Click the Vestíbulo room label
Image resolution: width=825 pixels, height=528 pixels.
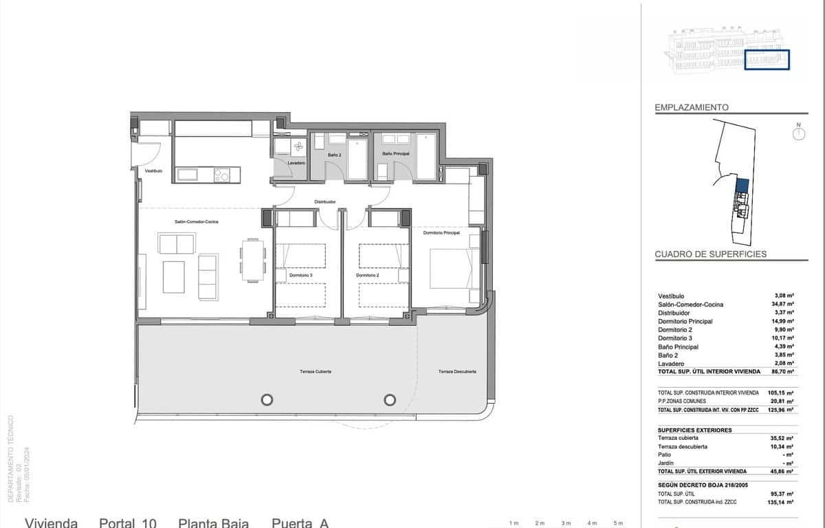click(153, 170)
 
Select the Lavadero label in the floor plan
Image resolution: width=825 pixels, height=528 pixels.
click(296, 163)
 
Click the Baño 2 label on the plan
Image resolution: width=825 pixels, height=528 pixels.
click(334, 155)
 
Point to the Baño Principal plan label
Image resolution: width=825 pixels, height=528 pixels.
click(396, 154)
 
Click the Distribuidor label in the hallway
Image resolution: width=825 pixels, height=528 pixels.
click(325, 201)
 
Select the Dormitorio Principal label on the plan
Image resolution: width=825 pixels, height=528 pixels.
click(441, 233)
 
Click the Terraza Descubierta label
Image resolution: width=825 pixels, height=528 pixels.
click(457, 372)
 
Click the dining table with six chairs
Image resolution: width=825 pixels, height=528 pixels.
click(252, 261)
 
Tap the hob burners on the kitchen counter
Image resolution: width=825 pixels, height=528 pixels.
click(221, 175)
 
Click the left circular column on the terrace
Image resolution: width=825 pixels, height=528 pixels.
click(266, 399)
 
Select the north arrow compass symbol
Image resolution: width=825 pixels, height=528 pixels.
click(798, 133)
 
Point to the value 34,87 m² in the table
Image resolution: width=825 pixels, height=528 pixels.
click(784, 304)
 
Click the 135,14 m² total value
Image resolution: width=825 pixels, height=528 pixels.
click(783, 503)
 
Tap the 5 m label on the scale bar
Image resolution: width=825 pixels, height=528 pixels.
click(617, 523)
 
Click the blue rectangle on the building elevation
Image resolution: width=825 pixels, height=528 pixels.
click(767, 60)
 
